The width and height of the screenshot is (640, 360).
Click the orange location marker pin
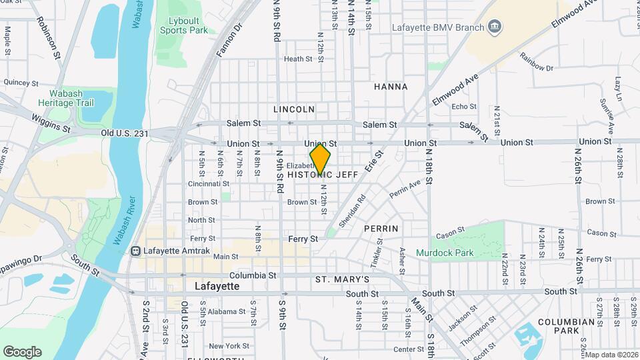click(x=320, y=158)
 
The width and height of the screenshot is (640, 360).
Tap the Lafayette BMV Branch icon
click(x=495, y=27)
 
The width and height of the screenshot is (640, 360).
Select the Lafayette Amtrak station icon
click(x=135, y=251)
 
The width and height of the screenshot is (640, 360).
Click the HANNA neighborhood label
click(x=391, y=87)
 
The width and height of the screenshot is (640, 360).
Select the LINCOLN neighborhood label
click(x=294, y=109)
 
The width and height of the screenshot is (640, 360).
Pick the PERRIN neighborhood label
click(x=381, y=229)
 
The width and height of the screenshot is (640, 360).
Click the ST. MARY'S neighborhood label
click(x=342, y=279)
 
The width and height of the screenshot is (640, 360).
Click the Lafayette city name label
click(x=217, y=286)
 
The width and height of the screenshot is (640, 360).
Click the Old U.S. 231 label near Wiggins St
click(x=124, y=133)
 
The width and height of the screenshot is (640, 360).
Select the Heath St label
click(x=298, y=59)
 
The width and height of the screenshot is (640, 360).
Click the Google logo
click(x=22, y=352)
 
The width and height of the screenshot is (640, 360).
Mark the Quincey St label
click(x=21, y=83)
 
